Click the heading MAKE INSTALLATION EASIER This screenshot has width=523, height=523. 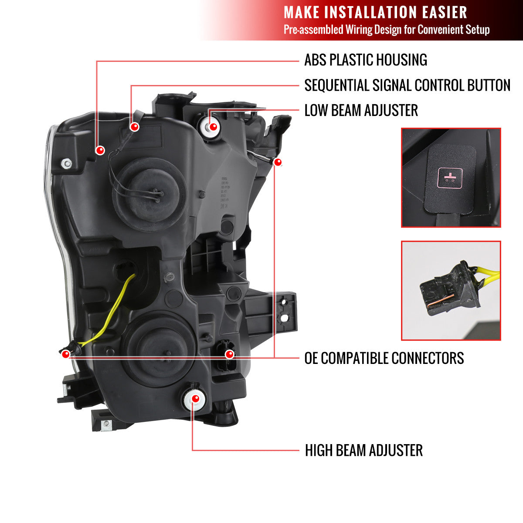coord(375,12)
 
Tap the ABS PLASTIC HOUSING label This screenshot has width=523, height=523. coord(365,60)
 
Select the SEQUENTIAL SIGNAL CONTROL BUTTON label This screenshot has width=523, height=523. coord(407,85)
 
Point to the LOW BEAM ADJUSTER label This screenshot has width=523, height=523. coord(361,111)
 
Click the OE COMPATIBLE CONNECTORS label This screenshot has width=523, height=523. coord(384,358)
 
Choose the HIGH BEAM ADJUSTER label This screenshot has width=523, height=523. coord(363,451)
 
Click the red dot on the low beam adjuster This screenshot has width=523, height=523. coord(213,127)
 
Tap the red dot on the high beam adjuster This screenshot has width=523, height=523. coord(195,399)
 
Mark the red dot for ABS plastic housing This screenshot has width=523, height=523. coord(100,150)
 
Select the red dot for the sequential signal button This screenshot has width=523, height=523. coord(135,127)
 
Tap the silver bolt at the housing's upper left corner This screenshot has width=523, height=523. coord(67,164)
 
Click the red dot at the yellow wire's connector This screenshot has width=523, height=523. coord(66,354)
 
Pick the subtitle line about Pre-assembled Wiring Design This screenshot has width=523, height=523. coord(386,30)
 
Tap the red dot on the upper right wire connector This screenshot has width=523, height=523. coord(278,163)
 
